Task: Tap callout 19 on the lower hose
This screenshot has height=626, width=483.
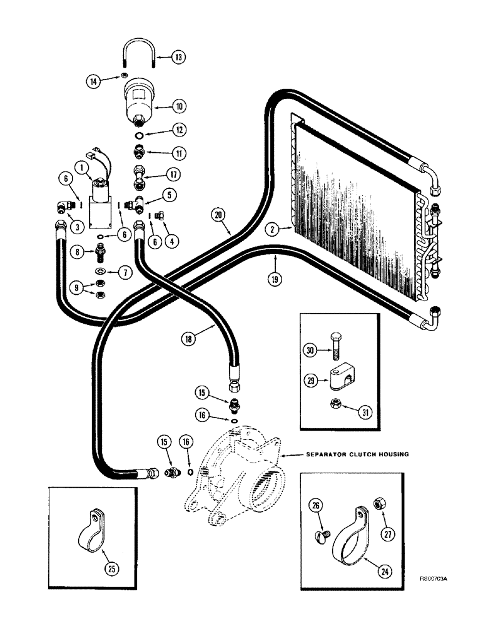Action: click(274, 279)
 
